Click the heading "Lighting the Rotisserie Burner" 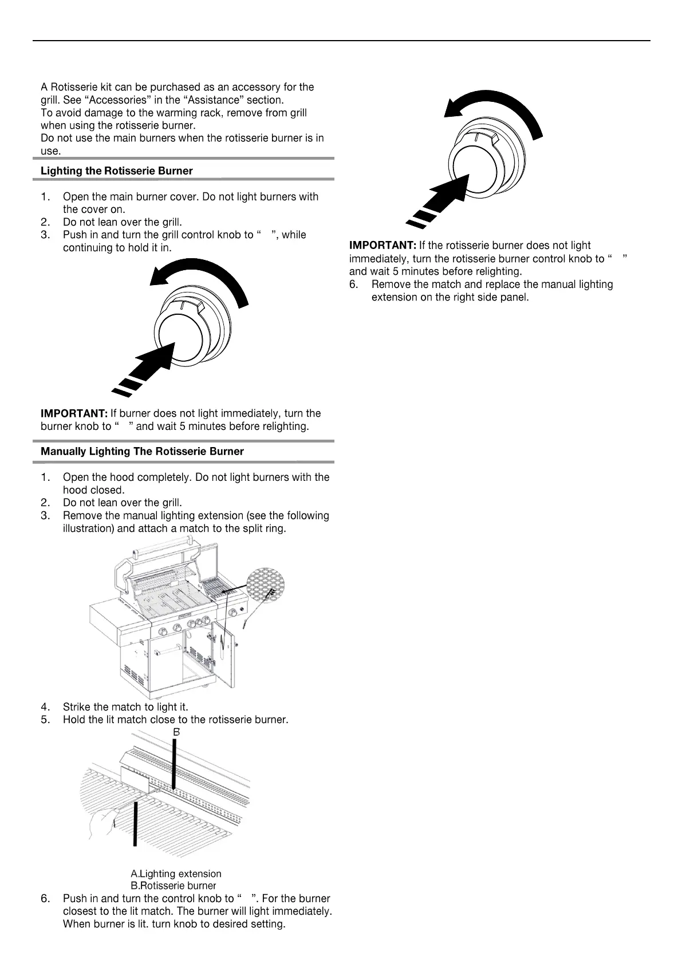tap(116, 171)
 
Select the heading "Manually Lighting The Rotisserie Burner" tap(142, 451)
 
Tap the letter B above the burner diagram tap(177, 732)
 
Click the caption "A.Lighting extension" tap(176, 874)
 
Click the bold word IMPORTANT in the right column tap(383, 246)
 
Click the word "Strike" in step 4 tap(76, 707)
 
